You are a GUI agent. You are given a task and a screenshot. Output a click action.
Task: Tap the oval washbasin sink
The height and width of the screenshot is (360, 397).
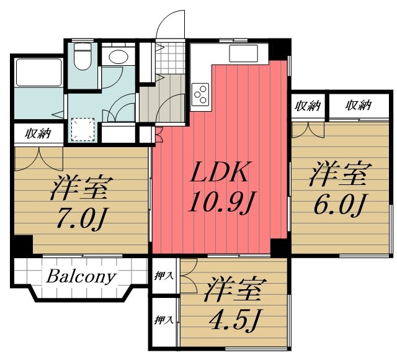click(x=118, y=56)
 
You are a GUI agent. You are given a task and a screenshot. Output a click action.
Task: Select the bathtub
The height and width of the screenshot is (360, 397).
click(x=38, y=72)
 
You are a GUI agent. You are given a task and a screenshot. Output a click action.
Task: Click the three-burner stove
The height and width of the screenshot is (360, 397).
click(x=201, y=94)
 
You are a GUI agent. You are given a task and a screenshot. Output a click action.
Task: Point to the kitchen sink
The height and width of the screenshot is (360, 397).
click(x=243, y=53)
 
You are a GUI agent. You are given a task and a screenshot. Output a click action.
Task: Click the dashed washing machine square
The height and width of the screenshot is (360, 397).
click(x=83, y=130)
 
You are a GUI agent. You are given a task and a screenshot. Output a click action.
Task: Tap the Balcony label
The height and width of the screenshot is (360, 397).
click(x=81, y=277)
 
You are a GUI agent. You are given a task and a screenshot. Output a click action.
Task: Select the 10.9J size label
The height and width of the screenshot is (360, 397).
click(x=222, y=201)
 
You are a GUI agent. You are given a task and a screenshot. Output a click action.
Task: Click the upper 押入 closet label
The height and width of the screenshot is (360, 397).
click(x=164, y=276)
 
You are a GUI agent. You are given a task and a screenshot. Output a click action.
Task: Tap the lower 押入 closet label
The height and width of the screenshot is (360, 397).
click(x=164, y=320)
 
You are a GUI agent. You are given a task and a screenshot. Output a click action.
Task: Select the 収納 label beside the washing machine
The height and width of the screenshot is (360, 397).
click(x=38, y=133)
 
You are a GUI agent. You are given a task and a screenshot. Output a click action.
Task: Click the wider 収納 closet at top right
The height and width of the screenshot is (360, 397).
click(x=359, y=105)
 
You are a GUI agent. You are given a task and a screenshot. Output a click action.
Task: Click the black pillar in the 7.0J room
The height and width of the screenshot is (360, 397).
click(x=24, y=245)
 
